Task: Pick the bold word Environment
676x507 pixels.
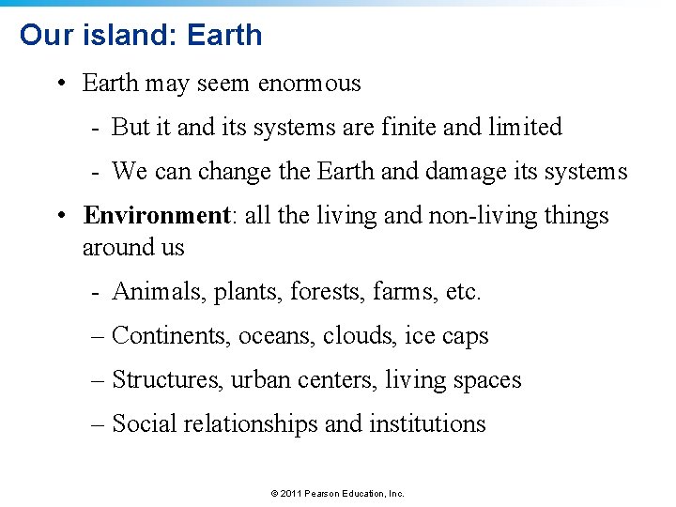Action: click(x=157, y=216)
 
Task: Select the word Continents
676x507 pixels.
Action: click(x=165, y=336)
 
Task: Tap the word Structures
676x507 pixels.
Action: click(x=167, y=380)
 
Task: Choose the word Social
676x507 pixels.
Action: click(x=145, y=424)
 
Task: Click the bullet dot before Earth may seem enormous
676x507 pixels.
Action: click(x=59, y=84)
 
